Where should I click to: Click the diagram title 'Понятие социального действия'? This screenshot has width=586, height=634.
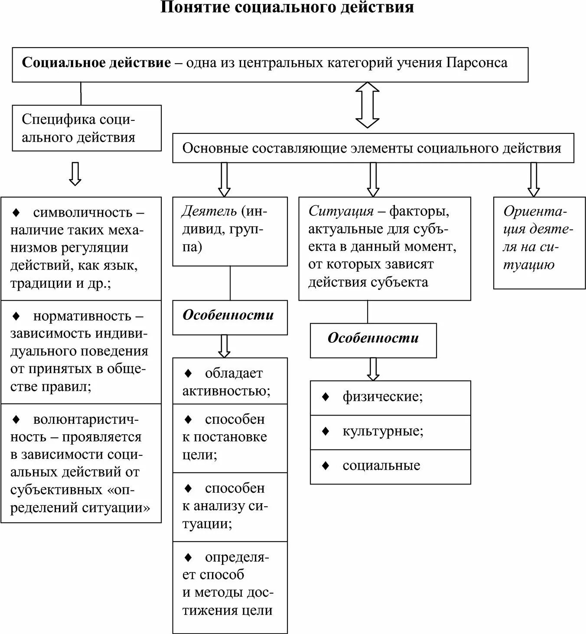[287, 8]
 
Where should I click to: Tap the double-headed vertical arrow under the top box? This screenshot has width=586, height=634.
[367, 105]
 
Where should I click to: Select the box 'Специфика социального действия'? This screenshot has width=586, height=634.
[86, 128]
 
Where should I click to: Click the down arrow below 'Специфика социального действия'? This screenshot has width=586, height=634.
[75, 174]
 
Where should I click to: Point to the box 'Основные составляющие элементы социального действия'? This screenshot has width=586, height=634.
[373, 148]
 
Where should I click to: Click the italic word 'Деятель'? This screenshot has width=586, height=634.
[209, 211]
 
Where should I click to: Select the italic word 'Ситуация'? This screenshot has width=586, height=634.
[341, 211]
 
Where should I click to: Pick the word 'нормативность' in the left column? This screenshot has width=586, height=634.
[82, 316]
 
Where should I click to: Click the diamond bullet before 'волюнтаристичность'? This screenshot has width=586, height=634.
[16, 419]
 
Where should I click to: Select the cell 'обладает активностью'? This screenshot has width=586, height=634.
[229, 381]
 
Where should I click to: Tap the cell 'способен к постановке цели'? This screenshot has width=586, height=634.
[229, 438]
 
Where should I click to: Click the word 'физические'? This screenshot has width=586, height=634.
[381, 397]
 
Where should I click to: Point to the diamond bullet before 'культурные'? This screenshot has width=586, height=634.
[326, 431]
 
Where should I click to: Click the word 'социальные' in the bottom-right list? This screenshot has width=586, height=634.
[381, 466]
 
